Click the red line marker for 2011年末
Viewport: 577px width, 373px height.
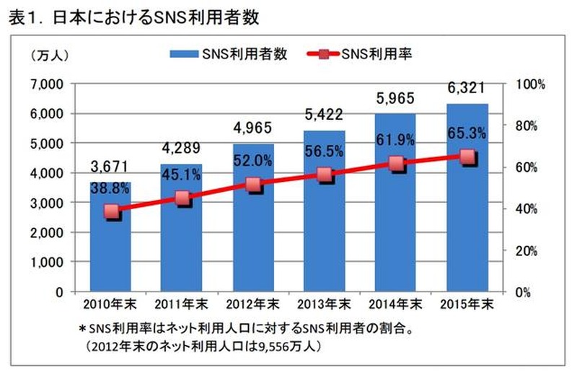point(182,199)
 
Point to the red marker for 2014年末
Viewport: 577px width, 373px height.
point(396,164)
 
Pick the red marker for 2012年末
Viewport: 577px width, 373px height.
point(253,185)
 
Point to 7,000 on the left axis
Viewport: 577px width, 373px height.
point(48,84)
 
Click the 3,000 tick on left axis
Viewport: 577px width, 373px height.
point(48,203)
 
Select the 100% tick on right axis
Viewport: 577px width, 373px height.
point(531,85)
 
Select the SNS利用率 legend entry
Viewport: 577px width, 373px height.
point(368,53)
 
